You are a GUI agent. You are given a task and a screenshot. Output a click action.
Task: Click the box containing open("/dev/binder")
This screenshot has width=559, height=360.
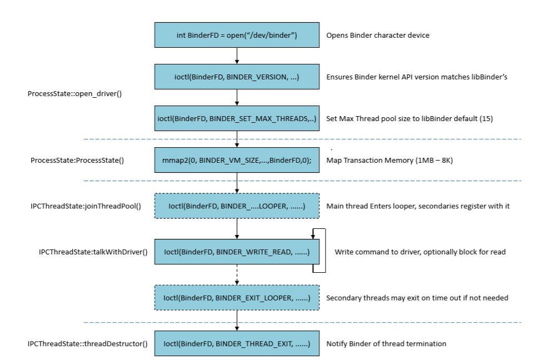237,36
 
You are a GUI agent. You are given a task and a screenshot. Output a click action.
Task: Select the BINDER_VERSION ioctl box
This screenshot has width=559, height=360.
237,77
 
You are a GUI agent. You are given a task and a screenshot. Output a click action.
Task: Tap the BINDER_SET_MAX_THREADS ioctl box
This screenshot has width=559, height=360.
237,119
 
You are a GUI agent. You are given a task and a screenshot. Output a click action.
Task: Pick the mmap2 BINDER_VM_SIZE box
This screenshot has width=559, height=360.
237,161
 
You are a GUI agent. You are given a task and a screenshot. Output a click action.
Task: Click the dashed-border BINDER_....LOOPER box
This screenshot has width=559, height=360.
237,206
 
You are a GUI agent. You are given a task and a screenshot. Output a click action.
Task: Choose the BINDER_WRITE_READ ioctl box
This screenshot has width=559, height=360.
237,252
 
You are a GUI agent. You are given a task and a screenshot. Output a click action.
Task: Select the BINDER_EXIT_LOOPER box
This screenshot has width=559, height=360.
237,298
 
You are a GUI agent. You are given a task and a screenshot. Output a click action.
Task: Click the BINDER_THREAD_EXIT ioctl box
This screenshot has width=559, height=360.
237,344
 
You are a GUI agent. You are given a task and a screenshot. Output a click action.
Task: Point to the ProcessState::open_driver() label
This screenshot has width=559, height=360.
74,94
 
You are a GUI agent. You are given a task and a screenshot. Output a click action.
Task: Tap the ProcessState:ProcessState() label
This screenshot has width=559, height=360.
77,161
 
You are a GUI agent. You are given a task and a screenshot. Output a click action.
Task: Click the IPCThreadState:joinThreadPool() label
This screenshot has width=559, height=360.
86,206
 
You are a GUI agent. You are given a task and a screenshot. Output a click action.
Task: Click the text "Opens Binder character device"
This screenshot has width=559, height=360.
378,36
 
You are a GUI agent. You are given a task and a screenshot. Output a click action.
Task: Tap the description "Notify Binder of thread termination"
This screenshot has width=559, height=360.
386,344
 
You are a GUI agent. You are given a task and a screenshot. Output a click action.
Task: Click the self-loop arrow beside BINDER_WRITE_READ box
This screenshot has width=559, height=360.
324,250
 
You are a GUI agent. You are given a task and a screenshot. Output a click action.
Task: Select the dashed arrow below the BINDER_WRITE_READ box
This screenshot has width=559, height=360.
237,275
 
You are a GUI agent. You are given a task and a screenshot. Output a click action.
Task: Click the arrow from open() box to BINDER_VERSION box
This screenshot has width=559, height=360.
237,56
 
